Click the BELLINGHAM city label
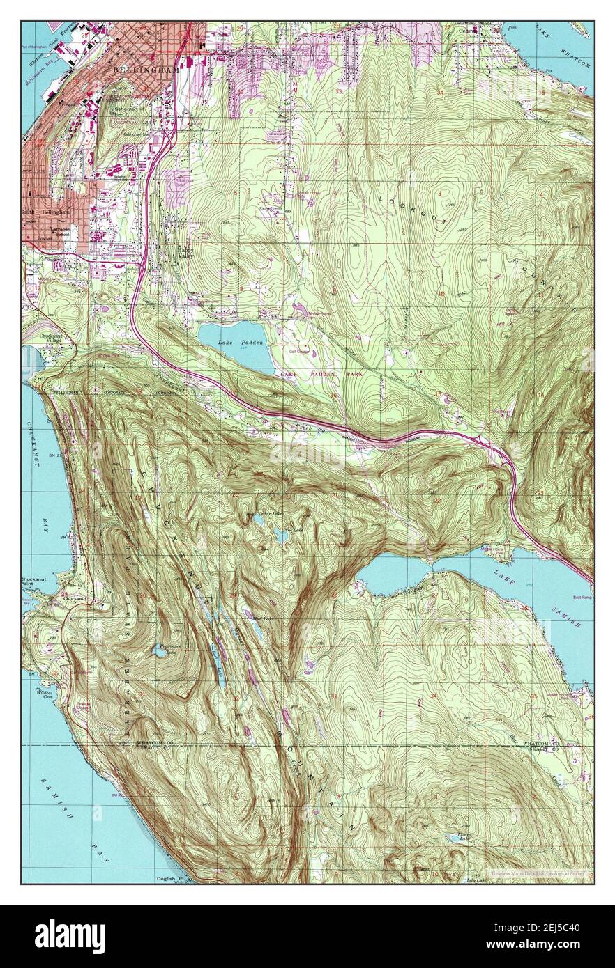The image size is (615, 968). pyautogui.click(x=145, y=71)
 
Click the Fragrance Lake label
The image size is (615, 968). pyautogui.click(x=165, y=646)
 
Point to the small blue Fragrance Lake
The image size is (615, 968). pyautogui.click(x=160, y=653)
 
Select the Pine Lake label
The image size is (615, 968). pyautogui.click(x=296, y=530)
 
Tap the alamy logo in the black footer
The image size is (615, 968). pyautogui.click(x=71, y=935)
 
